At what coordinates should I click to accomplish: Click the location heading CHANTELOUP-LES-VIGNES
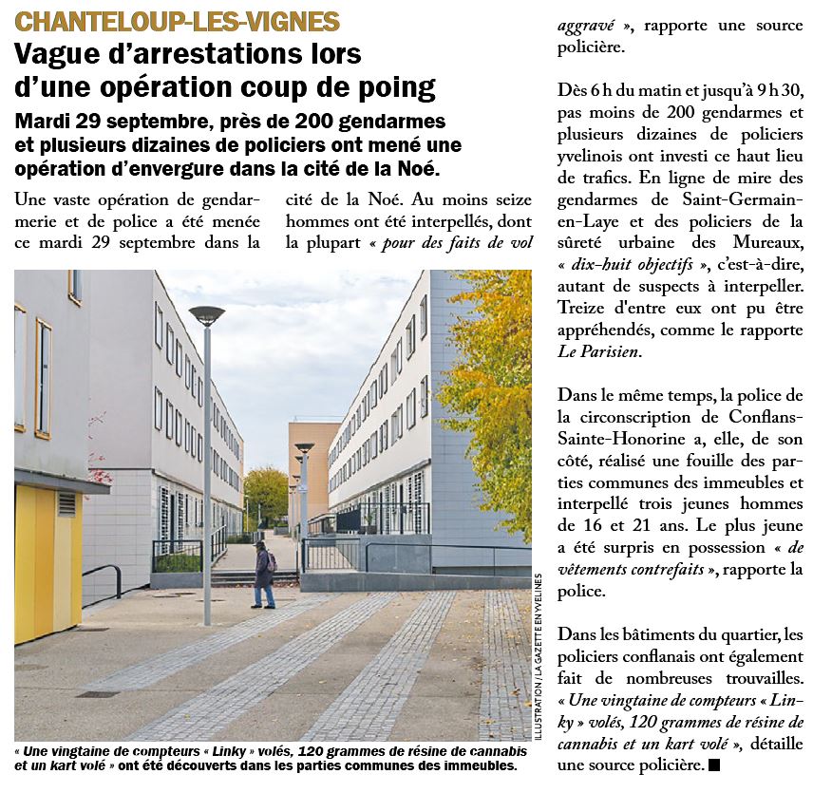tap(178, 21)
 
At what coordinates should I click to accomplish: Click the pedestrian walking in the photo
tap(263, 575)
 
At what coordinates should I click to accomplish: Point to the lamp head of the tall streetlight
tap(206, 315)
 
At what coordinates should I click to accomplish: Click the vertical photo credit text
tap(538, 655)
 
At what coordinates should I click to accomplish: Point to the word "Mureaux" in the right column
tap(771, 242)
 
